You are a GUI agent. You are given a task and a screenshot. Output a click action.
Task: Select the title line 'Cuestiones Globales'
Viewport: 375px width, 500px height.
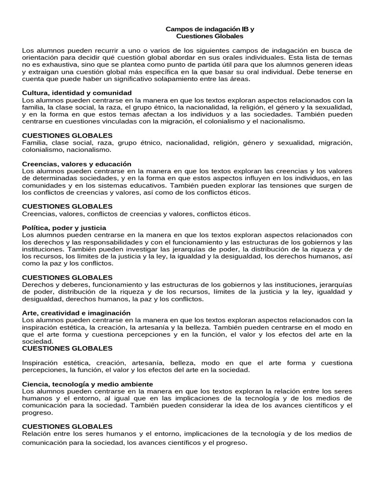[x=209, y=36]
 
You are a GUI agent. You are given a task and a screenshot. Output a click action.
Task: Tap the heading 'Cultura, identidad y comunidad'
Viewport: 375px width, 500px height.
[x=77, y=93]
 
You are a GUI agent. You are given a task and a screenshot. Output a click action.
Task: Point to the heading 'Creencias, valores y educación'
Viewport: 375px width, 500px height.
[x=77, y=164]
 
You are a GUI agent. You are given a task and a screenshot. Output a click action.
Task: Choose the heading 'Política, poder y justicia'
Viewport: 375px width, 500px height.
[x=64, y=228]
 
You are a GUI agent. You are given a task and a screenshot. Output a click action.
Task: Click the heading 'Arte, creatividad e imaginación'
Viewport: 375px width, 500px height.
[x=76, y=312]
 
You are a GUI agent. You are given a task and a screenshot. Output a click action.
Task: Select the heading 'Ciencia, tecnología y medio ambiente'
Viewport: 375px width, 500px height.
[x=87, y=384]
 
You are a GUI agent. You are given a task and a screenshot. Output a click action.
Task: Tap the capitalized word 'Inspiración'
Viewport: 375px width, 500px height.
[x=40, y=363]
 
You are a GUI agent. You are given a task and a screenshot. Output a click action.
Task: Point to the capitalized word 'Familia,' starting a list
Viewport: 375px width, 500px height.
[x=34, y=143]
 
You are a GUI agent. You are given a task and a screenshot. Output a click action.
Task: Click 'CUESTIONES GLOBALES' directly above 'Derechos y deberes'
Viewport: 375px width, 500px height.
[x=67, y=277]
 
